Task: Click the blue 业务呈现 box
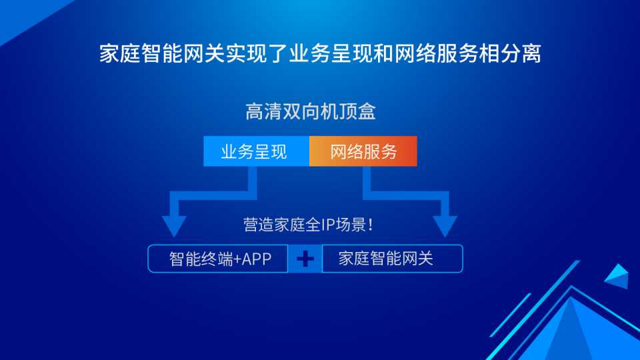click(256, 151)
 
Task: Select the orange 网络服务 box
click(363, 151)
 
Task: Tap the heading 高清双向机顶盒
click(310, 111)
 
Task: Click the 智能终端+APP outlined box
click(218, 259)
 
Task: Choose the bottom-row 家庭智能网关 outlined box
click(392, 259)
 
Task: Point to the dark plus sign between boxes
click(305, 259)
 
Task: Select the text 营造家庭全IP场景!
click(308, 225)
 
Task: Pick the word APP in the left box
click(256, 259)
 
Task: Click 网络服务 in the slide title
click(435, 53)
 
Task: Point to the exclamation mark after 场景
click(370, 225)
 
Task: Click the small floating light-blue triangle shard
click(617, 276)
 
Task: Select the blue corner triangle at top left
click(25, 14)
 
